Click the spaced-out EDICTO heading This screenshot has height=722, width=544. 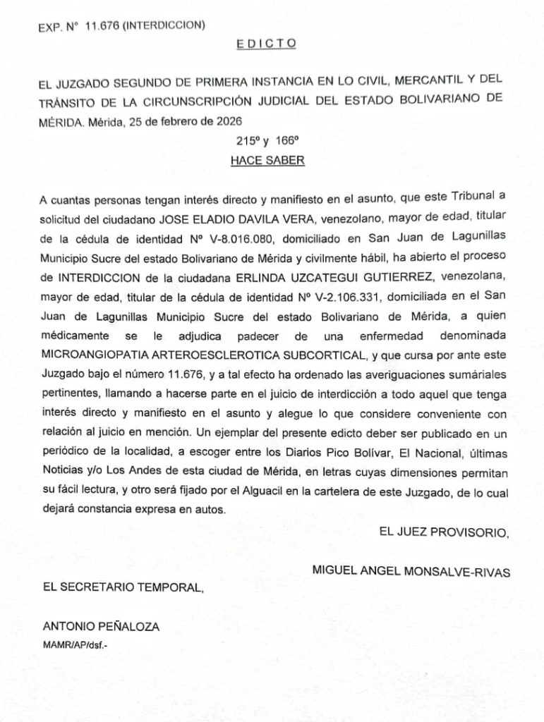pyautogui.click(x=266, y=44)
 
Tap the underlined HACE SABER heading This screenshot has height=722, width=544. pyautogui.click(x=267, y=160)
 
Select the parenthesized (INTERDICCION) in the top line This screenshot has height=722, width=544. pyautogui.click(x=160, y=26)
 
